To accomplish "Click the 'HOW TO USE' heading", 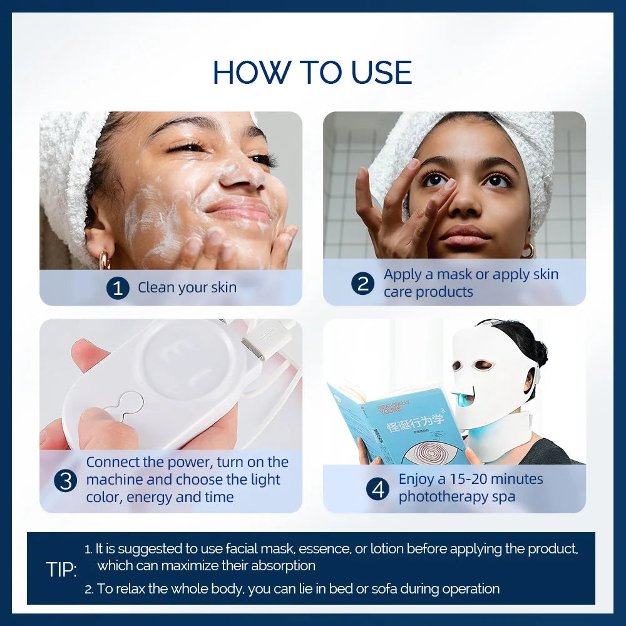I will (x=312, y=73).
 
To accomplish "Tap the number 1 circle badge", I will (x=118, y=288).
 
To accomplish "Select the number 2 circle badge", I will (x=362, y=284).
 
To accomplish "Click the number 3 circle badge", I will (x=65, y=480).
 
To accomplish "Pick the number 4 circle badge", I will (x=377, y=489).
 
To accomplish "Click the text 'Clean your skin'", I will (x=187, y=288).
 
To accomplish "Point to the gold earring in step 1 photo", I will (x=104, y=260).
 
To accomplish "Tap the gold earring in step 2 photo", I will (x=529, y=250).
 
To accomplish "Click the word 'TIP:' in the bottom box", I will (x=61, y=570).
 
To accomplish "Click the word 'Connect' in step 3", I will (x=113, y=463).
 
